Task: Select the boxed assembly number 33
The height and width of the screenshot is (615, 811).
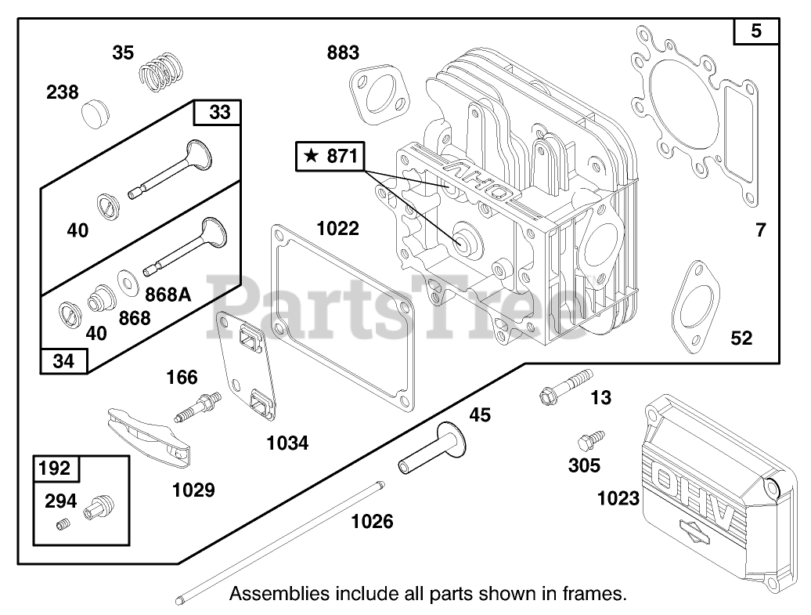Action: click(219, 112)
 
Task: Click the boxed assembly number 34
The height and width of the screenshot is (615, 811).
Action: click(64, 360)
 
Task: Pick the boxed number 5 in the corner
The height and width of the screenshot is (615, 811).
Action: click(756, 31)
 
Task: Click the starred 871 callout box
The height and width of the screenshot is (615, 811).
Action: click(330, 157)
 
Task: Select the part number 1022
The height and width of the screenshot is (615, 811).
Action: click(338, 228)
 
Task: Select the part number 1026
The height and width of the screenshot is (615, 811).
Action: click(372, 520)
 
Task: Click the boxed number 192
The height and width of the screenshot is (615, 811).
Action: click(55, 468)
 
